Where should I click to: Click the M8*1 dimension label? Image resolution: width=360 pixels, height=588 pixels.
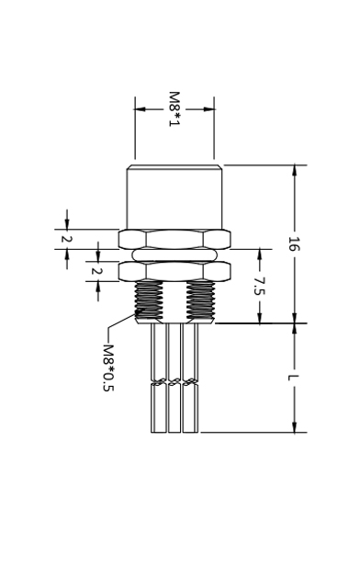click(x=174, y=109)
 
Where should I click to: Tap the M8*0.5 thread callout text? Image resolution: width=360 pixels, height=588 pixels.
click(x=108, y=367)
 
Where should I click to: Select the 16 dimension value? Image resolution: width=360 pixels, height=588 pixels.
click(x=294, y=243)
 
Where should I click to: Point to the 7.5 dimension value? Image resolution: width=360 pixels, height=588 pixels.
click(x=260, y=286)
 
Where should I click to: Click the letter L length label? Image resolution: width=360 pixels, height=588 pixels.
click(x=294, y=378)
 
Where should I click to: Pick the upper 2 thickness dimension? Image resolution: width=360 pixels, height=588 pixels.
click(x=67, y=239)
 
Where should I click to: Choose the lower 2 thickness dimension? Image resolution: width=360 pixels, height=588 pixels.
click(x=97, y=271)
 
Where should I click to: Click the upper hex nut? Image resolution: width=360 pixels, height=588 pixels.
click(x=174, y=239)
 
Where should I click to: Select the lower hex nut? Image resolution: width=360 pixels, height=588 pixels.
click(x=174, y=271)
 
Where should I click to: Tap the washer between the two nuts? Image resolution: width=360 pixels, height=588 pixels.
click(x=174, y=255)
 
